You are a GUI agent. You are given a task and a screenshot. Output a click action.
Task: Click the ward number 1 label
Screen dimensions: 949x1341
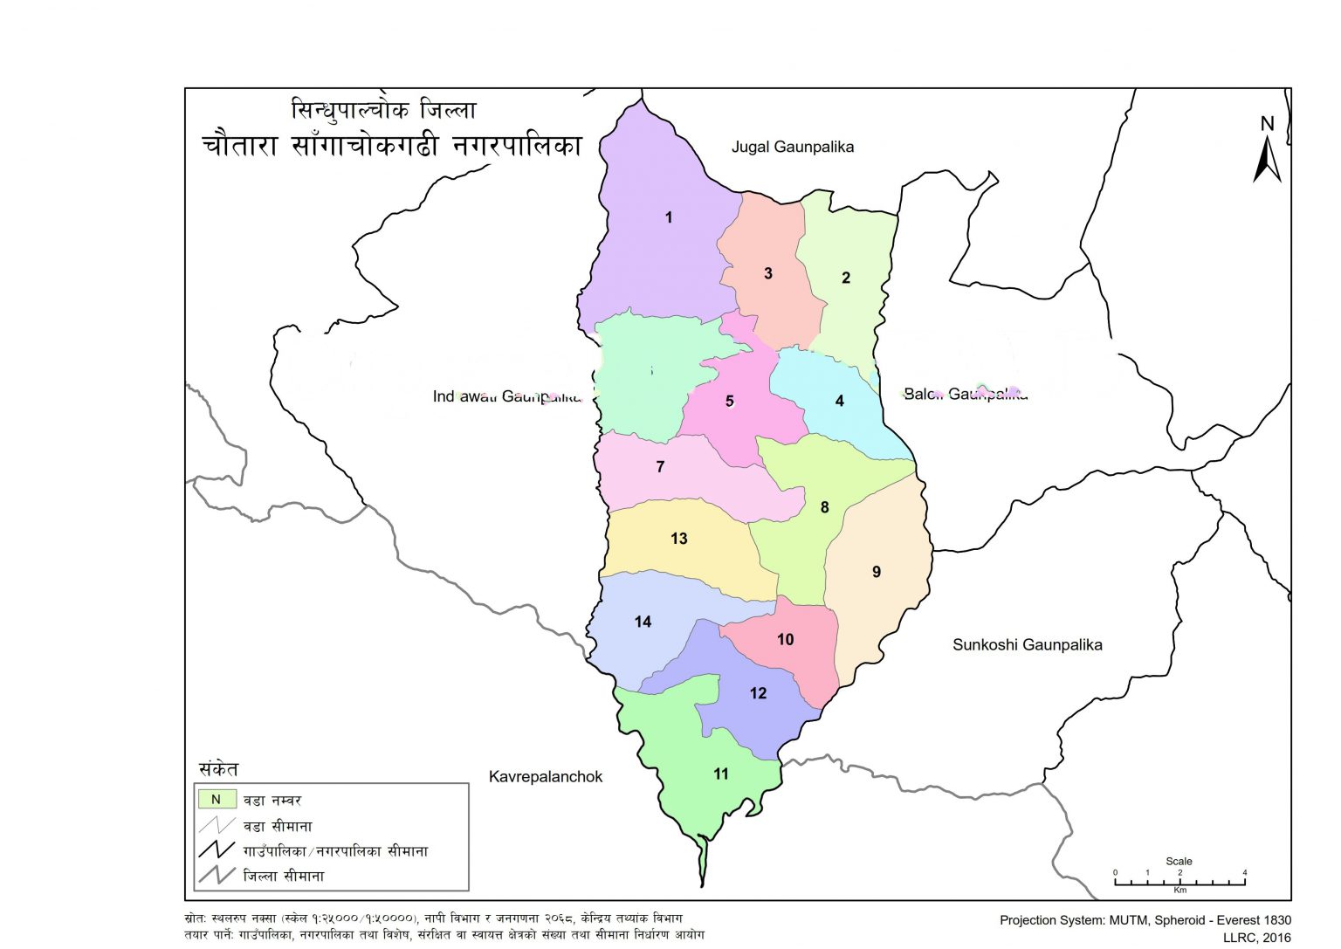669,217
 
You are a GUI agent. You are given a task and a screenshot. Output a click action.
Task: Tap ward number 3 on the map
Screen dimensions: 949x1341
768,273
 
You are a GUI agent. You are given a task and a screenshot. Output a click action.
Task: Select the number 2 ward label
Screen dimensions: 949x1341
845,278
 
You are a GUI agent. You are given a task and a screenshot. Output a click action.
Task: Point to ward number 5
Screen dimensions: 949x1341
730,402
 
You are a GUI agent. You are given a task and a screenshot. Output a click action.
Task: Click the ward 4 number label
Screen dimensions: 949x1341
839,401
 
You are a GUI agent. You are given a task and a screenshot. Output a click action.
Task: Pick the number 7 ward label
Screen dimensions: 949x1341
660,467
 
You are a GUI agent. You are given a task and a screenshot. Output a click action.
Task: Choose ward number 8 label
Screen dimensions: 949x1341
824,507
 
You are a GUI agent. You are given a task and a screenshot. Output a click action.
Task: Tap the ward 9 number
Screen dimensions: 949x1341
877,572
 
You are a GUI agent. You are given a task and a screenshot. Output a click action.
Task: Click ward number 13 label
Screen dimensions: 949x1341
679,539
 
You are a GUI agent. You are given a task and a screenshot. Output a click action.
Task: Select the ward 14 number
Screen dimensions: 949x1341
643,622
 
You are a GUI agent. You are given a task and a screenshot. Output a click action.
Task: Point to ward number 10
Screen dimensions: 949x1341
785,640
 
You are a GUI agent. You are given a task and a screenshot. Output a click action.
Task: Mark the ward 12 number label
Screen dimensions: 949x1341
758,693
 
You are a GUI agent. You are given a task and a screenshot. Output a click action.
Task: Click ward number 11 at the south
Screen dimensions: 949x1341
721,774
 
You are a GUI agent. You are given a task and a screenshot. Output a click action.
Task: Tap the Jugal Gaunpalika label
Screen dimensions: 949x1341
792,147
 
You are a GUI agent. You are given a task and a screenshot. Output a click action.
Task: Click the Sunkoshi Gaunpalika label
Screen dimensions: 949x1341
1027,645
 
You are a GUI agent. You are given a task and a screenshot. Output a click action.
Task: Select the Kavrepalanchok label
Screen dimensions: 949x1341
545,776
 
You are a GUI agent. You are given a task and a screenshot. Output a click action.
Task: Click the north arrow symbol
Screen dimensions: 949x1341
1267,153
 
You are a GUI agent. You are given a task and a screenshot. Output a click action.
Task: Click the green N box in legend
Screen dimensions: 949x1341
217,799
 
